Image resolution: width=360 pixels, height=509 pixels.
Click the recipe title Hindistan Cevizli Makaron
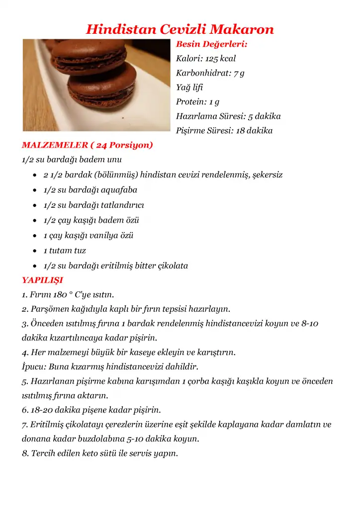[180, 29]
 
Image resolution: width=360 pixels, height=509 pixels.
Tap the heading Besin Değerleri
[212, 44]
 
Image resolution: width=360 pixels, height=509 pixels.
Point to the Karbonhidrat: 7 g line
[210, 73]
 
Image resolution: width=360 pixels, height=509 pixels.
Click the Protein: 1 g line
[197, 102]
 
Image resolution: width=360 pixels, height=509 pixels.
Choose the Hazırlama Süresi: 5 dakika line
[228, 116]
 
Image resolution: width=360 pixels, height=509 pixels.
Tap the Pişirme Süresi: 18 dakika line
[224, 131]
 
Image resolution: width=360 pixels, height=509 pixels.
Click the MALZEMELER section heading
[88, 145]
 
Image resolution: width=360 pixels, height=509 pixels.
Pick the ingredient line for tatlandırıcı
[93, 205]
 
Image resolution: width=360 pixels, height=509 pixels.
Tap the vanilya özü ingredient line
[89, 236]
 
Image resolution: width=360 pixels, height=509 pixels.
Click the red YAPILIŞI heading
[42, 280]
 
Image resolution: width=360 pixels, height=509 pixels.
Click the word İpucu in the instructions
[32, 367]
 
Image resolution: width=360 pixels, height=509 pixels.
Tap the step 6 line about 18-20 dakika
[91, 410]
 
